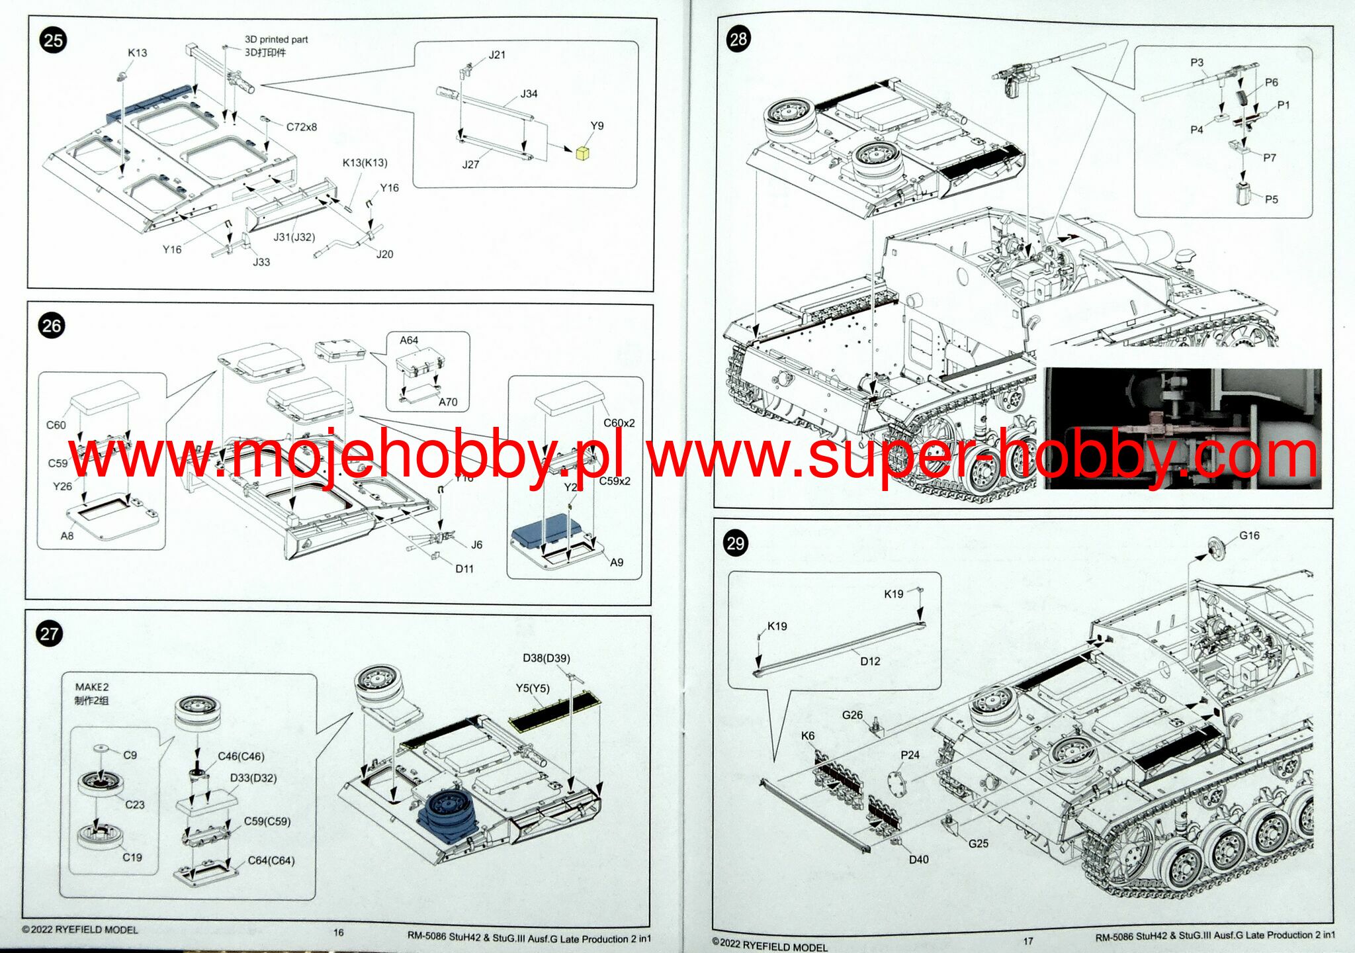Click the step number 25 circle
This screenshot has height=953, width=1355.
(x=53, y=40)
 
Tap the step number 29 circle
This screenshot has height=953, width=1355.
(x=736, y=543)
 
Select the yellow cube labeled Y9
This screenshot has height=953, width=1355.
(x=582, y=154)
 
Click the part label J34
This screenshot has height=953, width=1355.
(x=529, y=94)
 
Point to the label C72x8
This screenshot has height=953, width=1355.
(x=301, y=127)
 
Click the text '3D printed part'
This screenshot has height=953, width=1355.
(x=276, y=40)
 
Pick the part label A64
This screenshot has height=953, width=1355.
(x=409, y=340)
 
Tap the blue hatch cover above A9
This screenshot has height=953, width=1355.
(x=546, y=530)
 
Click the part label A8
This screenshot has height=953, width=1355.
(x=67, y=536)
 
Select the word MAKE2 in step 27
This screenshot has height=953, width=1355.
(x=91, y=687)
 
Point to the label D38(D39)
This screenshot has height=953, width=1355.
(x=546, y=658)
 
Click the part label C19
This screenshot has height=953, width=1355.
(x=132, y=857)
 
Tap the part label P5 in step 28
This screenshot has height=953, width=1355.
(x=1271, y=199)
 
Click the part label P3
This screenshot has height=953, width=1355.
(x=1196, y=63)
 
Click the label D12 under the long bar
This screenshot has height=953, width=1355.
(x=870, y=661)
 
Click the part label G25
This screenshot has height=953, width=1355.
(x=978, y=843)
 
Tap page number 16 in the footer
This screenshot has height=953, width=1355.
(x=338, y=932)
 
